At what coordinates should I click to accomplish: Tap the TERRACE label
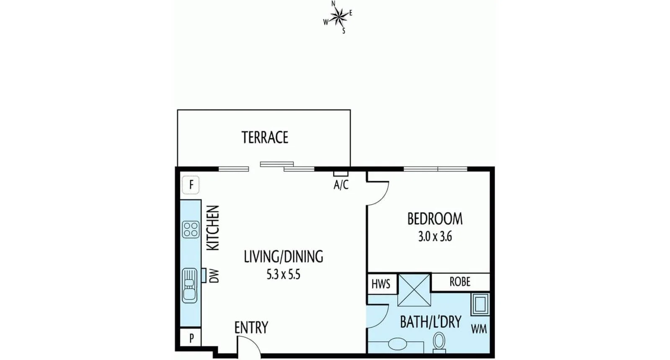coord(265,137)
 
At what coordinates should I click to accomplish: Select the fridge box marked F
coord(191,185)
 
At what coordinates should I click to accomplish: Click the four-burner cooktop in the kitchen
coord(191,229)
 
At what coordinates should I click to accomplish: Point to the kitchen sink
coord(189,285)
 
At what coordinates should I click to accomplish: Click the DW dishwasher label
coord(214,275)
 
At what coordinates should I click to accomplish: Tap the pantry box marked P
coord(191,337)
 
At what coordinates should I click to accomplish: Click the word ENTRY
coord(251,327)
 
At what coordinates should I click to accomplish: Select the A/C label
coord(341,185)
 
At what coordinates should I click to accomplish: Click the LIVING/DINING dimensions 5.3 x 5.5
coord(283,275)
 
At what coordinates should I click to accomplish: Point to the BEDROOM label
coord(435,219)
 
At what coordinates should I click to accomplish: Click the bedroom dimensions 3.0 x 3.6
coord(435,237)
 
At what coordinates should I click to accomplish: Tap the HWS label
coord(381,284)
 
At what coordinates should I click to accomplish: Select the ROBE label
coord(460,282)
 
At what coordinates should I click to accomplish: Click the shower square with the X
coord(414,290)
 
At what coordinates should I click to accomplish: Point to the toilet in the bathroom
coord(439,341)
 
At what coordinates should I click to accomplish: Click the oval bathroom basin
coord(397,344)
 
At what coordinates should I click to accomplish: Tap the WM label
coord(479,329)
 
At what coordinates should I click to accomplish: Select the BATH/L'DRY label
coord(430,322)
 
